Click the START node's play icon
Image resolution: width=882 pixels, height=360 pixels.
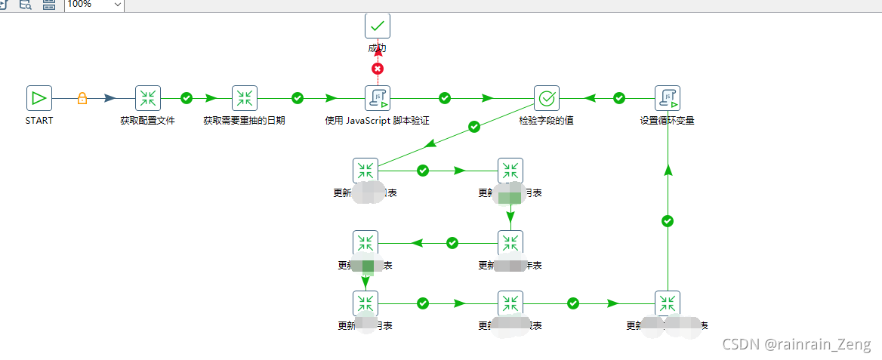[x=39, y=98]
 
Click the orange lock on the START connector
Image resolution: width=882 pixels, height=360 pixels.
[x=82, y=98]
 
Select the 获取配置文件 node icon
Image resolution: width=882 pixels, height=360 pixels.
[x=148, y=98]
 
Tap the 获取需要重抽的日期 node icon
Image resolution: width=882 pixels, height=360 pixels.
[x=245, y=98]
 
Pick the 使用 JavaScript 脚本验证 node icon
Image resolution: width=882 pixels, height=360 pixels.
[x=378, y=98]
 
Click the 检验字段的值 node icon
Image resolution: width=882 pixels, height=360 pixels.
[x=547, y=98]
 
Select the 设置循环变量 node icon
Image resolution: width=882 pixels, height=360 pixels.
[x=668, y=98]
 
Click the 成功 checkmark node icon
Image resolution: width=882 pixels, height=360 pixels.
[x=378, y=26]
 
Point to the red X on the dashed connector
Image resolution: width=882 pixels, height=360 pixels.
[x=378, y=69]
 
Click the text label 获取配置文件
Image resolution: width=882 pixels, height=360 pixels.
[x=148, y=121]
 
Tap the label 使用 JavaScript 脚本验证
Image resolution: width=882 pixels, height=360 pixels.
[x=378, y=121]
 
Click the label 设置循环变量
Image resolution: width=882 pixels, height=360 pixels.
[x=668, y=121]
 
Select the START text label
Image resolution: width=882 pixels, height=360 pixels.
[x=39, y=121]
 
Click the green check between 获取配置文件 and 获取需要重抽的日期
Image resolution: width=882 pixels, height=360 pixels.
[x=187, y=98]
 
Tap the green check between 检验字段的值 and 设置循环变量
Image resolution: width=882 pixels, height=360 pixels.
[x=619, y=98]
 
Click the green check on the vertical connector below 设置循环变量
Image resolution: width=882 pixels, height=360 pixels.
[x=668, y=221]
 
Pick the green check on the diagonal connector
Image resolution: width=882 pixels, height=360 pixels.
[x=474, y=127]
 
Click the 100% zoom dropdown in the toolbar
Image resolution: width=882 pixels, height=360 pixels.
[x=94, y=5]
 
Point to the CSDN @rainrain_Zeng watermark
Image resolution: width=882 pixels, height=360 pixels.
[x=796, y=345]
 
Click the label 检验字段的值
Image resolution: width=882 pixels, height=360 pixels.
[x=547, y=121]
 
